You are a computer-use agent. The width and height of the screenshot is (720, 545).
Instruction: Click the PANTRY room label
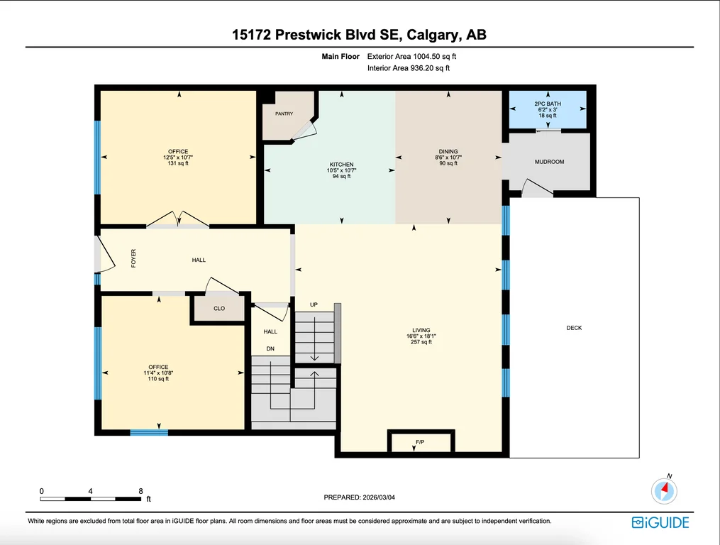click(284, 114)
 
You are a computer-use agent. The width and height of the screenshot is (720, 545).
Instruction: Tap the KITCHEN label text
click(342, 165)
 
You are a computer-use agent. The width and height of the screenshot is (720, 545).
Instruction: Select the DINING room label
click(448, 151)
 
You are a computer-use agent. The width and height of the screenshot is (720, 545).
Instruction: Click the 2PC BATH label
click(548, 104)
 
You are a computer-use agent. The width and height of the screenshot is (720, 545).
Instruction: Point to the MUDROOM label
click(549, 162)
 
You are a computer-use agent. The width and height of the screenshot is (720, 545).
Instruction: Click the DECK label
click(574, 328)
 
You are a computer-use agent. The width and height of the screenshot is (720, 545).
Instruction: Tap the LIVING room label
click(421, 330)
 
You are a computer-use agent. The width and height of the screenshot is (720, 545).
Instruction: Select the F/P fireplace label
click(420, 442)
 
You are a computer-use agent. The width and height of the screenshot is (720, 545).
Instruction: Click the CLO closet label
click(219, 309)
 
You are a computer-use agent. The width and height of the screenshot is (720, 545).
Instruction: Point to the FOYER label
click(133, 258)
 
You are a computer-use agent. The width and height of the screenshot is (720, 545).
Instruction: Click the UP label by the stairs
click(314, 304)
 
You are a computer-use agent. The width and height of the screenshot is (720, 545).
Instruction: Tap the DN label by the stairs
click(270, 348)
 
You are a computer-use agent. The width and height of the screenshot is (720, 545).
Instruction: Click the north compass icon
click(664, 490)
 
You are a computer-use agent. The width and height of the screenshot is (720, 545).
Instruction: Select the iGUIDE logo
click(660, 522)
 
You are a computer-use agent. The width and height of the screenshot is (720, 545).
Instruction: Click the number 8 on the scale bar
click(141, 491)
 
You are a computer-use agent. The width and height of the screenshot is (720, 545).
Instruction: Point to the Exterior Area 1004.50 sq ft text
click(411, 57)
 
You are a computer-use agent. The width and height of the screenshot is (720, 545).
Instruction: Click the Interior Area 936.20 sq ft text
click(408, 68)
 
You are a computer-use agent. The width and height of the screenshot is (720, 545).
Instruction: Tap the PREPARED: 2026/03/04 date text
click(359, 497)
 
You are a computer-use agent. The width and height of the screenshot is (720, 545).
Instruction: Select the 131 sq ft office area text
click(178, 163)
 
